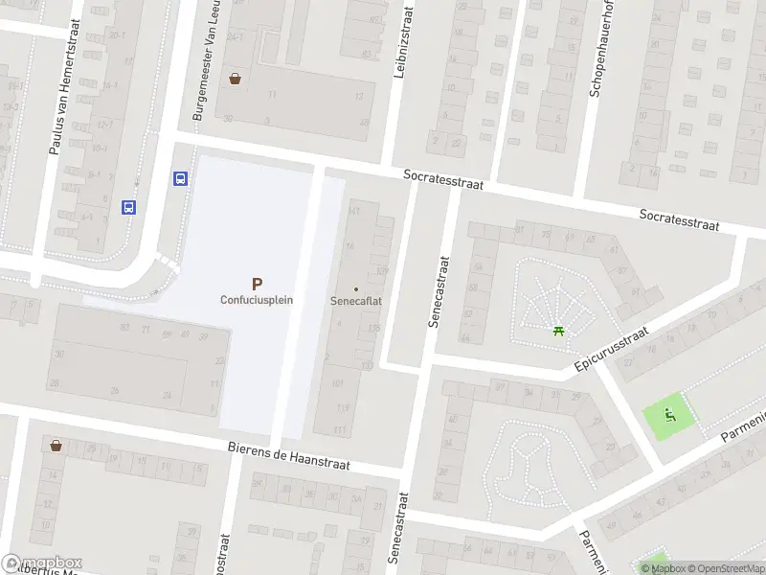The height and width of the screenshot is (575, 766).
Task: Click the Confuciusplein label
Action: (257, 299)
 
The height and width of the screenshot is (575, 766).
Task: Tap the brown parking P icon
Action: (257, 284)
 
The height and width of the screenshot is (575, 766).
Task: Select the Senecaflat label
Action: (356, 300)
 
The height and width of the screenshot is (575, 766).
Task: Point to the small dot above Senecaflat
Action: (356, 288)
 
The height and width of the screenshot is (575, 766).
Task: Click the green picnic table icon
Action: (558, 332)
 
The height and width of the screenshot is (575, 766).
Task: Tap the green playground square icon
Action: (670, 416)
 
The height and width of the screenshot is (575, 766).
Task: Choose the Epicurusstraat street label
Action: (612, 350)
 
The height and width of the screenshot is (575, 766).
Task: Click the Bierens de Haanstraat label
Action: (289, 456)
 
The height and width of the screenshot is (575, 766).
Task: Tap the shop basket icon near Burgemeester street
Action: (235, 79)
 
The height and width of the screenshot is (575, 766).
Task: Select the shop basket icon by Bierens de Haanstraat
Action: (56, 446)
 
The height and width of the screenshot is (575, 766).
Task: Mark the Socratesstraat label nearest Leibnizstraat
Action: (443, 178)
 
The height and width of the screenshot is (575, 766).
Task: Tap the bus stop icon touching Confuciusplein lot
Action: (179, 178)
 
